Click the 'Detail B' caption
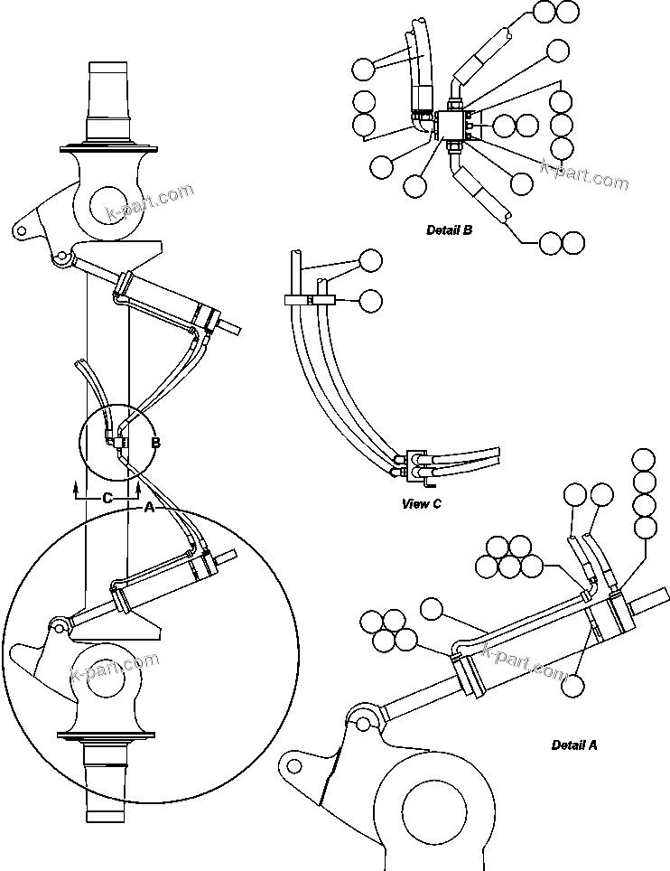pos(449,230)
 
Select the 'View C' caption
pos(421,503)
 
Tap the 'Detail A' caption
pos(574,745)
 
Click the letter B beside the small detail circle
pos(155,443)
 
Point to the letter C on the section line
pos(107,498)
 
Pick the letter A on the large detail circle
pos(150,509)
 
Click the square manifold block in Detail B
pos(451,125)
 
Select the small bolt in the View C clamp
pos(310,299)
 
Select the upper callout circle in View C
pos(371,261)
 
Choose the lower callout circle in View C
pos(371,299)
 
